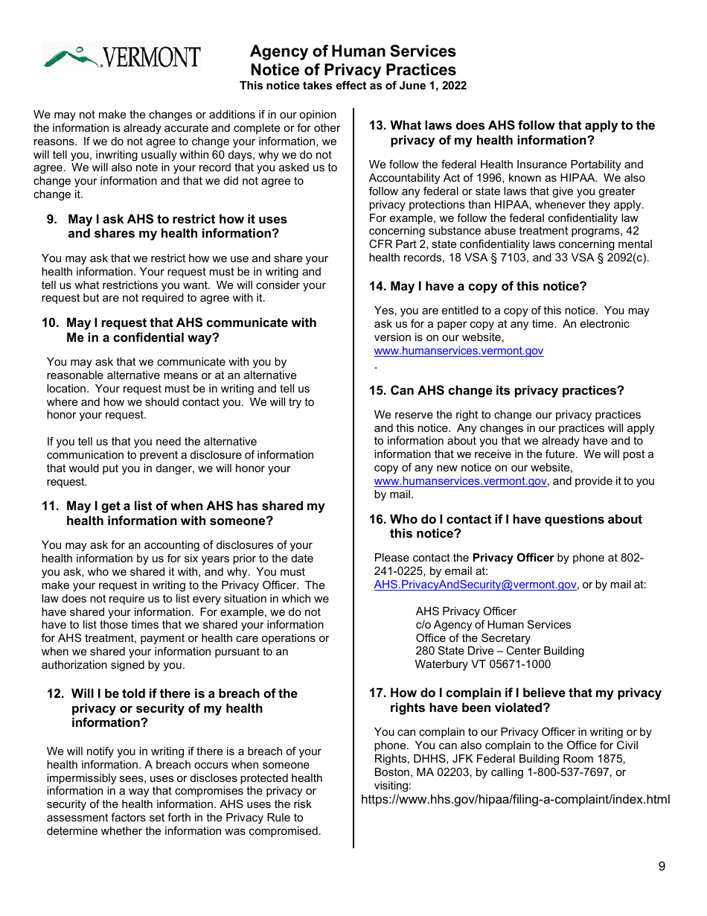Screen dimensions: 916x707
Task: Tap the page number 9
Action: (662, 866)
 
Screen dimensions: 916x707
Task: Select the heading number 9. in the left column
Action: (52, 219)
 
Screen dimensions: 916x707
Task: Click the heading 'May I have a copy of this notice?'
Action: (488, 286)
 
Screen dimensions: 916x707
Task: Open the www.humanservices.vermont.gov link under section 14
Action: (458, 351)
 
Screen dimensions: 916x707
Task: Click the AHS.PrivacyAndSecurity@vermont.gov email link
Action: (475, 585)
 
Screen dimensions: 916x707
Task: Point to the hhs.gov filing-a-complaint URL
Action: (515, 799)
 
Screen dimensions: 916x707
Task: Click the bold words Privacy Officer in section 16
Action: (513, 558)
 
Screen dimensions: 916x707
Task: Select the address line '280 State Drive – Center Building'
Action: (499, 651)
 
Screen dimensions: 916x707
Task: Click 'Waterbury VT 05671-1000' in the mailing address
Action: (482, 664)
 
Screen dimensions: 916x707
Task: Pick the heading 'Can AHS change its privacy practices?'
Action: (507, 390)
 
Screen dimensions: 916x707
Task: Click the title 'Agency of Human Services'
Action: (353, 51)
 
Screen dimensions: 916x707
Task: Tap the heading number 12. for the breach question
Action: (56, 693)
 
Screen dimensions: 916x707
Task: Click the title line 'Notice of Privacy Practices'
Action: (353, 70)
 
